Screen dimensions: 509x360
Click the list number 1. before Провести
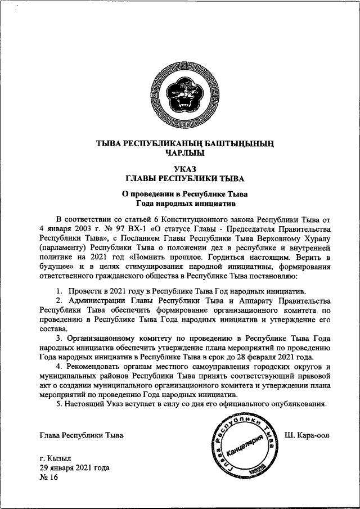coord(58,291)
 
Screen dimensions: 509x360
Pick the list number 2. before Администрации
coord(58,301)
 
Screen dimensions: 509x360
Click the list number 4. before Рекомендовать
coord(58,366)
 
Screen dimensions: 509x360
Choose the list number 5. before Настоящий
coord(58,404)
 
